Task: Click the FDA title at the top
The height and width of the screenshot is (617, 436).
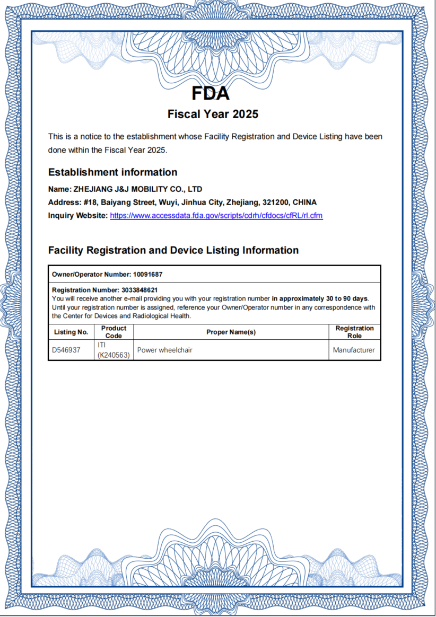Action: (211, 93)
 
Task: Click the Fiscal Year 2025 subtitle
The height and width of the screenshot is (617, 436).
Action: (213, 114)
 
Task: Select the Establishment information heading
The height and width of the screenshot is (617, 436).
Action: (112, 172)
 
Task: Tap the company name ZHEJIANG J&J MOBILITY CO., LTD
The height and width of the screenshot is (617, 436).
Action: (137, 189)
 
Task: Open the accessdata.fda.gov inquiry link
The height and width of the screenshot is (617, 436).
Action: (216, 216)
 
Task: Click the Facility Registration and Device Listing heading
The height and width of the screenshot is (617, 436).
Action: (173, 250)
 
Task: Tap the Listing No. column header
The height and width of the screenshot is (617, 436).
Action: (71, 332)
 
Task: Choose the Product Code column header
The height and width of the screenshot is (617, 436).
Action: (114, 332)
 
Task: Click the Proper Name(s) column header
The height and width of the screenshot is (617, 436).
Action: (231, 332)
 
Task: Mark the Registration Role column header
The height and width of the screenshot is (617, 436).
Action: (354, 332)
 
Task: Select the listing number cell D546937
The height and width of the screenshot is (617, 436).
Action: (66, 350)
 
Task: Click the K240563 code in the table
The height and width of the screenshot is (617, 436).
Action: (114, 355)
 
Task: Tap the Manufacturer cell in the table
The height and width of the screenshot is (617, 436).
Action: (354, 350)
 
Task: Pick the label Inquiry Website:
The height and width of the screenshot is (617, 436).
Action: (78, 216)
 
